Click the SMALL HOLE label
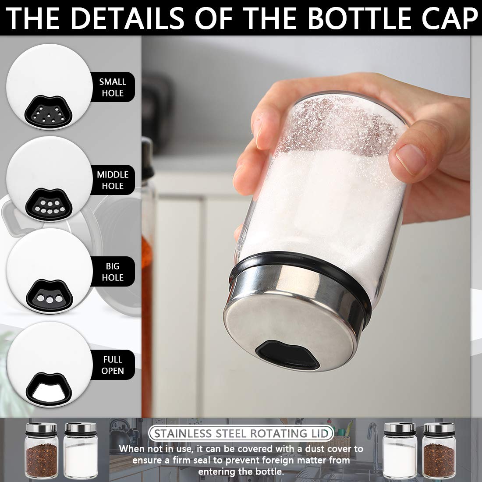coord(113,87)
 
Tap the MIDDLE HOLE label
coord(113,180)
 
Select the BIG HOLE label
coord(113,272)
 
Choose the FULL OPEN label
coord(113,365)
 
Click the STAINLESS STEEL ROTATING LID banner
coord(241,433)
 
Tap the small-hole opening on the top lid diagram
coord(49,112)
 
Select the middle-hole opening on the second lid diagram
coord(49,205)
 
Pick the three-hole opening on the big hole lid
coord(50,296)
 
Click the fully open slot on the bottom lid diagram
coord(49,389)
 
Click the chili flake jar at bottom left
coord(42,450)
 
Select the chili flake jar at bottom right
coord(439,450)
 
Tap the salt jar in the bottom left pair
coord(81,450)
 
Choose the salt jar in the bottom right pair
coord(400,450)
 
